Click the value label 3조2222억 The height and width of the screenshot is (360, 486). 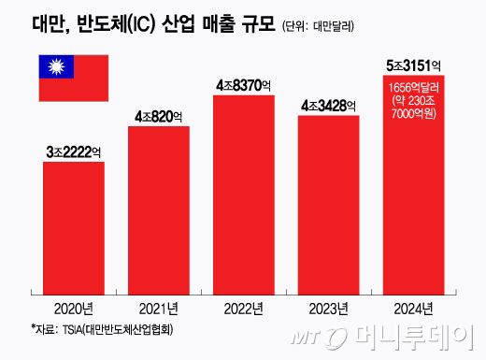point(74,151)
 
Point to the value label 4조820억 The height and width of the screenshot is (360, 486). point(159,116)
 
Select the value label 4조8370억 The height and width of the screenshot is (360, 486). point(244,85)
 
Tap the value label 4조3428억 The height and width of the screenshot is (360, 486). point(328,105)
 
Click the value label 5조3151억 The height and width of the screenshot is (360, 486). point(413,65)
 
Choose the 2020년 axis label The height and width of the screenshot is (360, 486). point(74,308)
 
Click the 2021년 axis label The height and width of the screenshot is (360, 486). point(159,308)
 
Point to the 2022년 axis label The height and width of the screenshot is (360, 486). point(244,308)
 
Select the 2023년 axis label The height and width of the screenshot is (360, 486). point(328,308)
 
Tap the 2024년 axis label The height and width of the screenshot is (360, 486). point(413,308)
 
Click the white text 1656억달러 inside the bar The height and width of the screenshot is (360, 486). point(413,87)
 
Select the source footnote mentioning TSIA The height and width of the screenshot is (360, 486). point(102,329)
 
